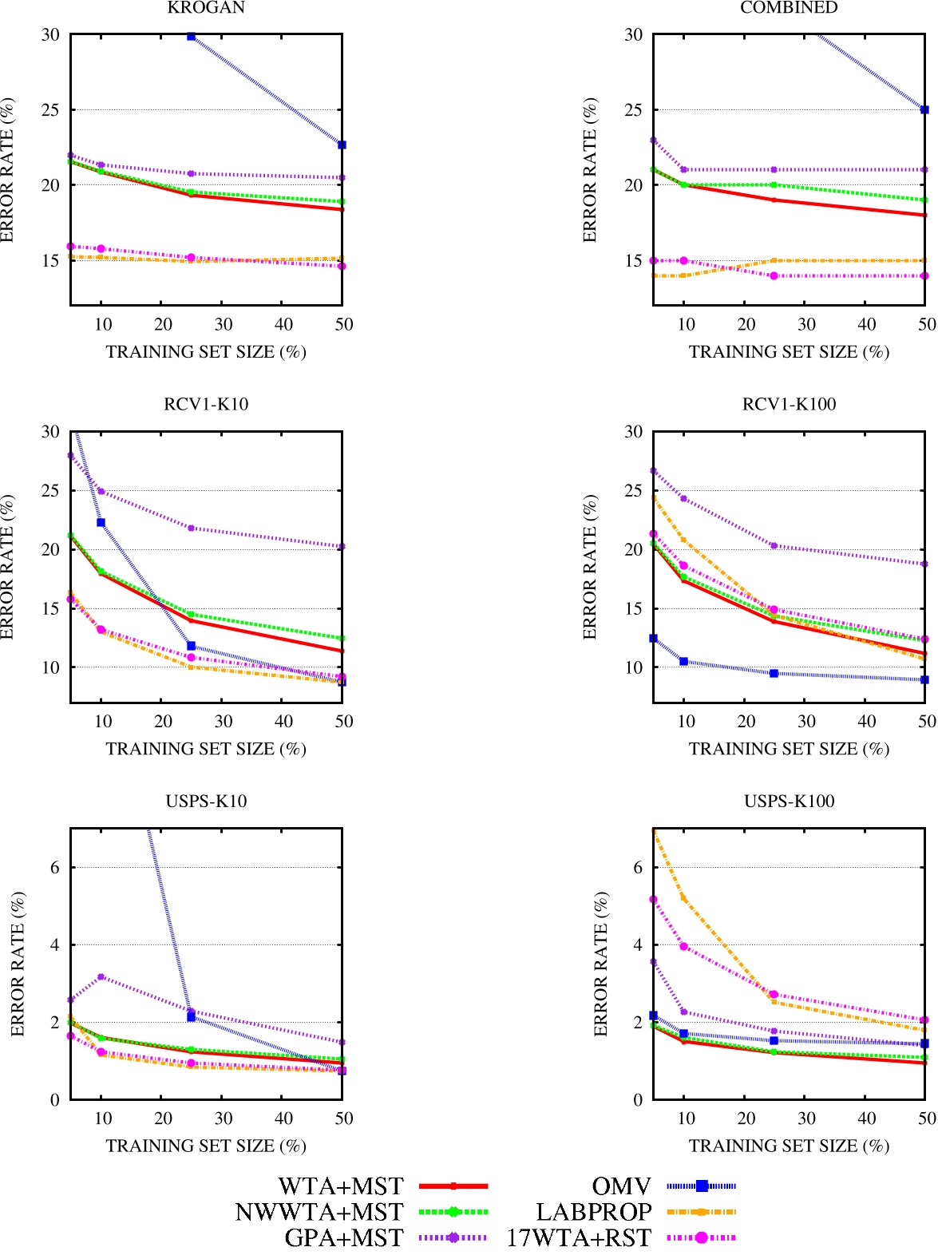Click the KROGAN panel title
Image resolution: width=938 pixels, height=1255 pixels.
click(x=206, y=8)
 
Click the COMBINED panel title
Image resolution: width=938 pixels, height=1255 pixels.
click(x=789, y=8)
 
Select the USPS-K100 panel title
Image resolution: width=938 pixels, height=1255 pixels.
click(x=789, y=802)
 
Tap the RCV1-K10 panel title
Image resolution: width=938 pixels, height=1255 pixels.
click(x=206, y=405)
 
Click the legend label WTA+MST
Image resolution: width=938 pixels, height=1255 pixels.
click(x=341, y=1186)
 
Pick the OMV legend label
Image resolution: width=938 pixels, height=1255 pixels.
click(x=621, y=1186)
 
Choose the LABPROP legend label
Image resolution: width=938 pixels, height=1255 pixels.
click(x=594, y=1212)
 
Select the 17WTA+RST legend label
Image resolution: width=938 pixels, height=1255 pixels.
click(x=579, y=1238)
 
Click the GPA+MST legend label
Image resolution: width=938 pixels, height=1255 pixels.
click(x=344, y=1238)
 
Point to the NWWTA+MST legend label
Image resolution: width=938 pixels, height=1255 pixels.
click(x=319, y=1212)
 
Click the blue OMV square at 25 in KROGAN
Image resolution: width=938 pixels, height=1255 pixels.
click(x=191, y=36)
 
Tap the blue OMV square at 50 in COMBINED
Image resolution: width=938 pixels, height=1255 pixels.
click(x=924, y=109)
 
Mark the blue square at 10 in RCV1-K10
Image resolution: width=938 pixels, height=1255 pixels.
click(x=101, y=522)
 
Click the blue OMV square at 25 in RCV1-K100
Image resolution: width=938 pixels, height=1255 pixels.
click(x=774, y=673)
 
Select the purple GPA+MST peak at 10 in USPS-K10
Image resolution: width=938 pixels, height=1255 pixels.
click(x=101, y=976)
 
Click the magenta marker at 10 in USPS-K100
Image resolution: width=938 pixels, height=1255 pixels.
click(x=683, y=946)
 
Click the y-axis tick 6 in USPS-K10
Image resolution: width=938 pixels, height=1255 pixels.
click(x=54, y=868)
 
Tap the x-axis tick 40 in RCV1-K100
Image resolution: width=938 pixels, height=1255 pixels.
click(x=866, y=722)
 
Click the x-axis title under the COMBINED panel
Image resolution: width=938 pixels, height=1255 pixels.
click(x=789, y=352)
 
